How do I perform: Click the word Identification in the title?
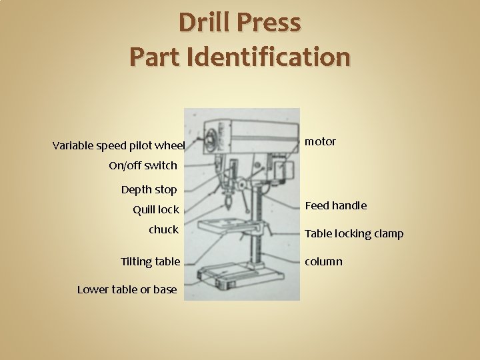coord(269,56)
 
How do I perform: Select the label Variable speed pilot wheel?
coord(118,145)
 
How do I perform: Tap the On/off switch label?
coord(143,165)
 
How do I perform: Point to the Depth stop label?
coord(149,189)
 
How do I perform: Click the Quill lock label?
coord(156,209)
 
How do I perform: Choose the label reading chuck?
coord(163,229)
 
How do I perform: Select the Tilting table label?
coord(150,261)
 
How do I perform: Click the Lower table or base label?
coord(127,289)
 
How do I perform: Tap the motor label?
coord(320,141)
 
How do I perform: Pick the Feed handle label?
coord(335,205)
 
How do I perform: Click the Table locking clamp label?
coord(354,234)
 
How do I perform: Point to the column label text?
coord(323,261)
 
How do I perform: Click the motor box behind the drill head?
coord(283,167)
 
